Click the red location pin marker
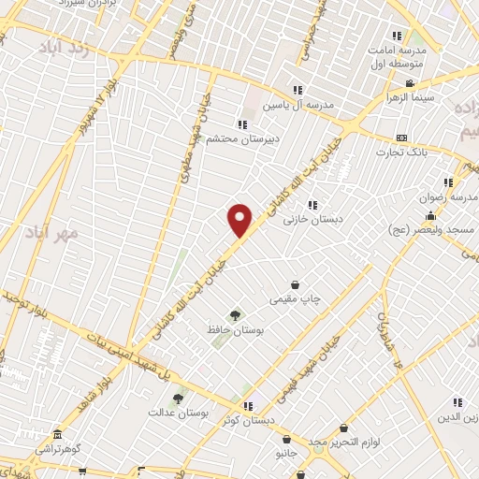point(240,221)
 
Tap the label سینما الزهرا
point(406,96)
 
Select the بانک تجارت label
point(401,152)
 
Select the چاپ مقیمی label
point(296,299)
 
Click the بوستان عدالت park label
point(177,412)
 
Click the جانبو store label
point(285,453)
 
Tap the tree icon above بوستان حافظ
point(235,316)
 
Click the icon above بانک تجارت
point(401,138)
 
